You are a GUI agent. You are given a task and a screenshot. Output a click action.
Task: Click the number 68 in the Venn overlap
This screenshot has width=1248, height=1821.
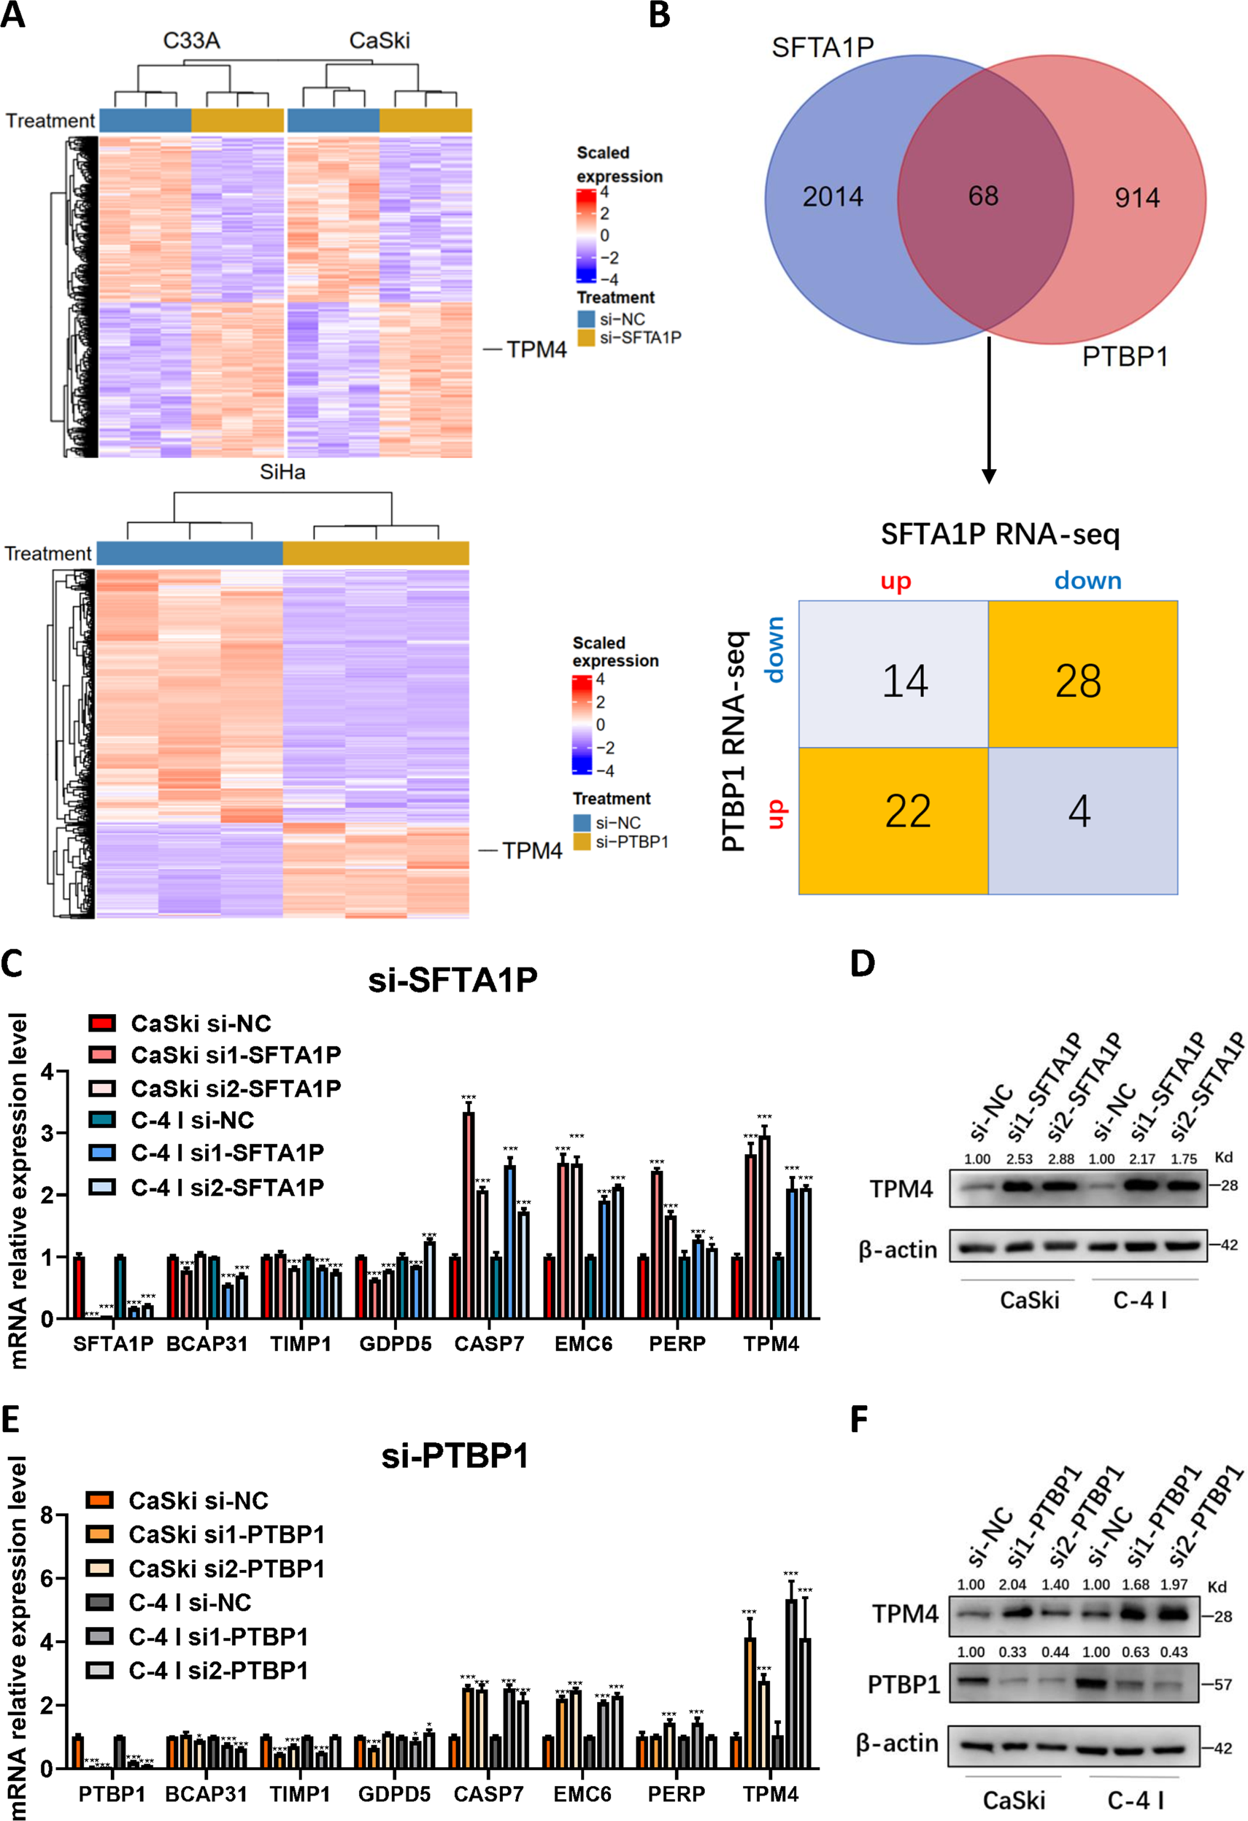983,196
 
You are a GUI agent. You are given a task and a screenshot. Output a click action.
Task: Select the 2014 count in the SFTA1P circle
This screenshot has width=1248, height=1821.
833,197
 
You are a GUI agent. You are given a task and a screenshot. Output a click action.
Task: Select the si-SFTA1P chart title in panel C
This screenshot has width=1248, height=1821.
453,981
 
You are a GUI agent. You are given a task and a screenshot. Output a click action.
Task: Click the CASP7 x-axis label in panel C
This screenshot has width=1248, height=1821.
489,1344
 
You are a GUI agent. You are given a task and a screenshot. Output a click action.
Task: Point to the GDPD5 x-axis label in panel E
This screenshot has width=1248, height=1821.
394,1794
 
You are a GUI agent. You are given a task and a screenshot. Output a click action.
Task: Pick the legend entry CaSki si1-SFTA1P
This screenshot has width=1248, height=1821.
235,1056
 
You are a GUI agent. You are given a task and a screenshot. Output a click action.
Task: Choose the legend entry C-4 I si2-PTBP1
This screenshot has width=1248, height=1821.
218,1671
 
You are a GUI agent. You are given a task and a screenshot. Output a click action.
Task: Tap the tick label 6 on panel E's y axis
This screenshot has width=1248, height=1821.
46,1579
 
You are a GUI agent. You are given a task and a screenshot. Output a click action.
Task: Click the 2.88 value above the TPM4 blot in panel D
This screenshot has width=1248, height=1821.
1060,1159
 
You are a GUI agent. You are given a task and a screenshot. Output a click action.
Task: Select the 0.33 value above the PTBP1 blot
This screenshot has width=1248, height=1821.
1012,1652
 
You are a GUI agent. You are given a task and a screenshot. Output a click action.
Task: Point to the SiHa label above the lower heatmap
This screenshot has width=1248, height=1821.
282,473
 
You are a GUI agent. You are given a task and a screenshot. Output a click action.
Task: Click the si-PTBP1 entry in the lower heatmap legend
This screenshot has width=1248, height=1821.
631,843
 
